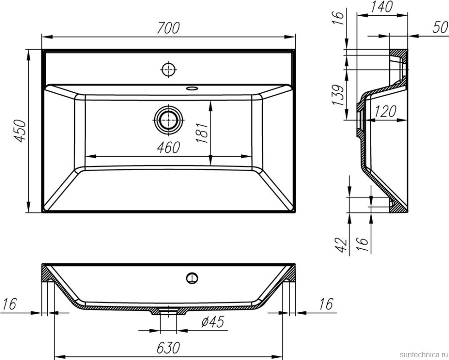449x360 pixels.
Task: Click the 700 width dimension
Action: click(168, 28)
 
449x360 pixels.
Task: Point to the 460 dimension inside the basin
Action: click(168, 148)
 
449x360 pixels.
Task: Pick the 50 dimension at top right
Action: click(440, 27)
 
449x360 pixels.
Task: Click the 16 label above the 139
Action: click(340, 17)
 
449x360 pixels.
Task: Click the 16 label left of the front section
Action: click(9, 304)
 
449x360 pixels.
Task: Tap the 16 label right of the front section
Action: click(326, 304)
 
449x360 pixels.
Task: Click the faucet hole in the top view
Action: click(169, 69)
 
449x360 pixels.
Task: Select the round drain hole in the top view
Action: click(168, 119)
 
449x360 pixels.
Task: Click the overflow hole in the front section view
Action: click(192, 278)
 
